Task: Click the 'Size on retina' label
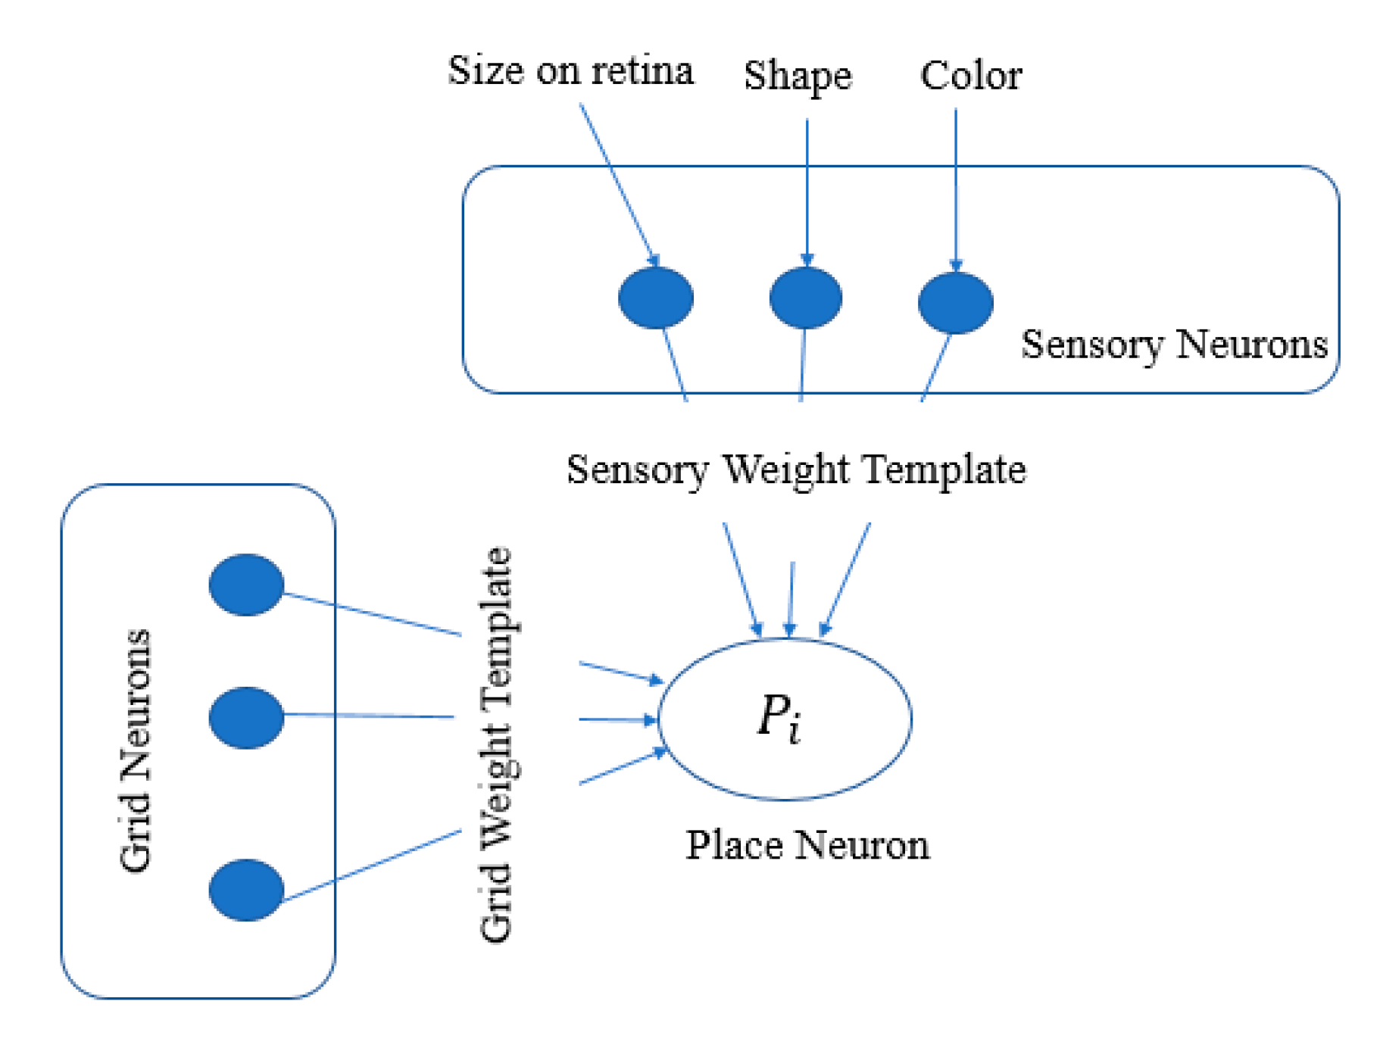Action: [570, 71]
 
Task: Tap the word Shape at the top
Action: [797, 76]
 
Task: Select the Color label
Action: [970, 76]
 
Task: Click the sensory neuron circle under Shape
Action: [805, 298]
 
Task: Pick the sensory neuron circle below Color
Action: [954, 303]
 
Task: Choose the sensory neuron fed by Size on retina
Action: [655, 298]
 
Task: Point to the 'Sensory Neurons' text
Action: [1173, 345]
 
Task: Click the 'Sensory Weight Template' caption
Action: [795, 469]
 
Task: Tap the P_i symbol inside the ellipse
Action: [779, 717]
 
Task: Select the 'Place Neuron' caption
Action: [807, 844]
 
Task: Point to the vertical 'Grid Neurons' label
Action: [136, 750]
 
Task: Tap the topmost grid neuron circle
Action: [246, 585]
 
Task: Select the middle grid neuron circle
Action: [246, 717]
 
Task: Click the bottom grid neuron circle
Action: [246, 890]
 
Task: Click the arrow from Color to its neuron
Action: [955, 189]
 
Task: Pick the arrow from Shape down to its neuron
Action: [807, 189]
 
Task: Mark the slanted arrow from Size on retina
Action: [617, 182]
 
